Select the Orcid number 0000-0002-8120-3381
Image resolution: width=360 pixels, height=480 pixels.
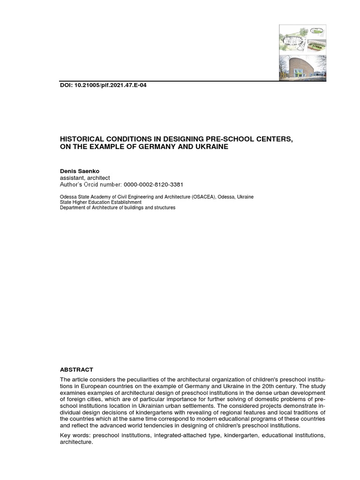tap(153, 185)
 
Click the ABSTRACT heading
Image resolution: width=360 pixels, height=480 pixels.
tap(76, 370)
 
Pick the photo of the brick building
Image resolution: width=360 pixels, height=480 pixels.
tap(302, 67)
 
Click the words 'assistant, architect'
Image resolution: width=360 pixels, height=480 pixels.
tap(85, 178)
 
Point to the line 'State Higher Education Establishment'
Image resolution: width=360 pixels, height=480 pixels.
tap(100, 202)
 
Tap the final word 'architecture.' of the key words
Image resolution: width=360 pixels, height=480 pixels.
tap(76, 442)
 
